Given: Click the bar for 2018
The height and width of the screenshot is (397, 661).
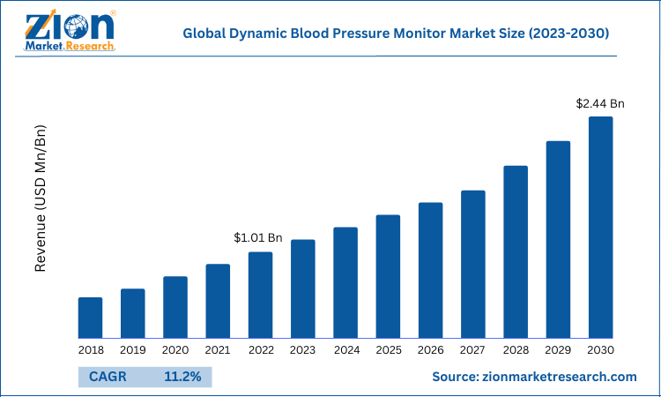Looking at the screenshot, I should click(90, 318).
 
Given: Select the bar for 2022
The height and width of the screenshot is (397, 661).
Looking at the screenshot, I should click(260, 295).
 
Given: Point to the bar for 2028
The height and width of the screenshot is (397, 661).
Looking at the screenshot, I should click(516, 251).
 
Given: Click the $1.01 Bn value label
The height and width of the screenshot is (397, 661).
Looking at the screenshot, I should click(257, 237).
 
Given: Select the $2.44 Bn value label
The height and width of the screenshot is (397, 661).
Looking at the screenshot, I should click(600, 103).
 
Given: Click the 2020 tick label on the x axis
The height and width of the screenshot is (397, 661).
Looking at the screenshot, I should click(175, 350).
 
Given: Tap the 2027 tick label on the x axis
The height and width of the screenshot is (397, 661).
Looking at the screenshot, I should click(473, 350).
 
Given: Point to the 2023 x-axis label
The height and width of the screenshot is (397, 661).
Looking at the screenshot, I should click(303, 350).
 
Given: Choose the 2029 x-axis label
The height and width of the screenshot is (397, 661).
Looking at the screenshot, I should click(558, 350).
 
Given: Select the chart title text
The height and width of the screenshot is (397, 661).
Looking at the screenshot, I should click(396, 34).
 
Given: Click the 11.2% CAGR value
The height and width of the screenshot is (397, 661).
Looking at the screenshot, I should click(182, 377).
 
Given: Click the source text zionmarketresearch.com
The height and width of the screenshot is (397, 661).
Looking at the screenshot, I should click(534, 377).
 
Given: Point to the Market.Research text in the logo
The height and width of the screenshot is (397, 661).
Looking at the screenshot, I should click(71, 45).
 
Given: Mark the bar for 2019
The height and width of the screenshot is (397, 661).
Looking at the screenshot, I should click(132, 313).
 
